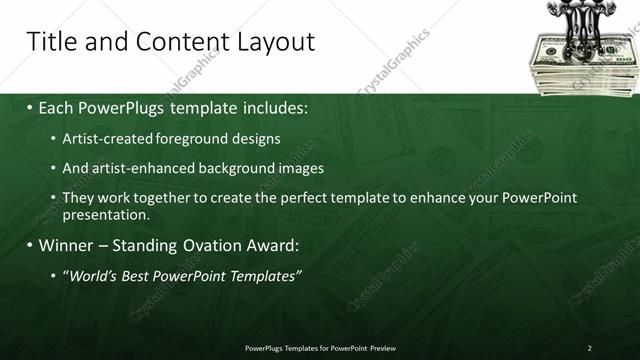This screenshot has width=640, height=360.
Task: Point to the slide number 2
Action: click(589, 347)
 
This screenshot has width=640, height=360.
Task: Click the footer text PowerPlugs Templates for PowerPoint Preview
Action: click(319, 347)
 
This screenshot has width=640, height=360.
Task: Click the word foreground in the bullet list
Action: click(180, 137)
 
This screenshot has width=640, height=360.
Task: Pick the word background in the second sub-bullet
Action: click(234, 168)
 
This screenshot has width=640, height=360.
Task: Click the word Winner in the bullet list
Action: click(68, 244)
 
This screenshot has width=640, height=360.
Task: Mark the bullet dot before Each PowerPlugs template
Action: click(30, 106)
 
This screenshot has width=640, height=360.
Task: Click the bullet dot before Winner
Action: click(30, 244)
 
